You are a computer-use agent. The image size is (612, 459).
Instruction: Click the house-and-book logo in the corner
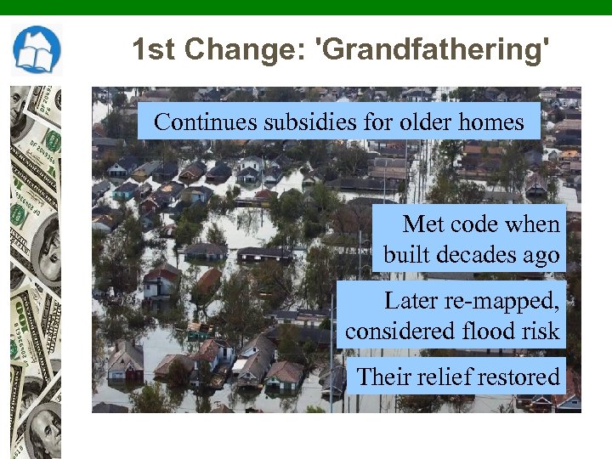37,50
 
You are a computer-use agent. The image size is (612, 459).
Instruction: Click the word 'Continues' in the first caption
205,122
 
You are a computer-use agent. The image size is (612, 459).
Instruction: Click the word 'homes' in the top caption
491,122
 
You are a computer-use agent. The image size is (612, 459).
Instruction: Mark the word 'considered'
395,331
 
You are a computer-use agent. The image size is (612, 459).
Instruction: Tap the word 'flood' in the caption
483,331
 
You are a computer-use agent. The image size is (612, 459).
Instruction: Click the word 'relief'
447,377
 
